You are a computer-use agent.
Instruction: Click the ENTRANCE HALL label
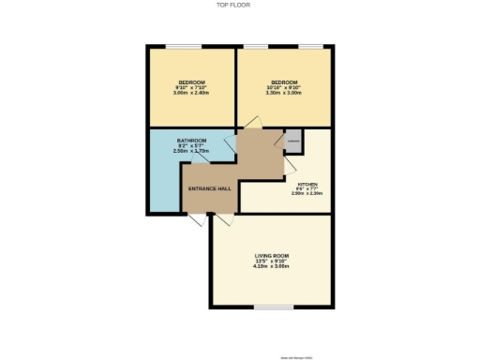(x=210, y=188)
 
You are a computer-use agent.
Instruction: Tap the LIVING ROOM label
(x=271, y=254)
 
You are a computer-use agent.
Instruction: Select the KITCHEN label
(x=307, y=184)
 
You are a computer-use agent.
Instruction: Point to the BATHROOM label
(x=191, y=140)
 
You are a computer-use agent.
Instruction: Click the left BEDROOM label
(x=191, y=82)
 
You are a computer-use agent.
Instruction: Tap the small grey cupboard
(x=293, y=141)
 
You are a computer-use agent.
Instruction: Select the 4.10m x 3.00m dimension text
(x=271, y=266)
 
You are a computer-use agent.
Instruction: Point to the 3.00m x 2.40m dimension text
(x=191, y=94)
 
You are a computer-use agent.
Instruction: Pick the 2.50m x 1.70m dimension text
(x=191, y=151)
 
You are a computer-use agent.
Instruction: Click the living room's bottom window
(x=271, y=307)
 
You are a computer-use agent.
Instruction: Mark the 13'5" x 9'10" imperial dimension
(x=271, y=261)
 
